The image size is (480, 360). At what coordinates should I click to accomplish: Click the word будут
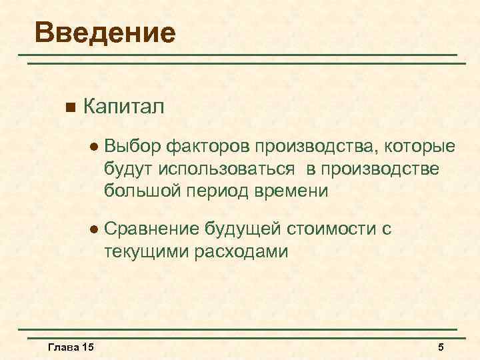[x=124, y=169]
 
